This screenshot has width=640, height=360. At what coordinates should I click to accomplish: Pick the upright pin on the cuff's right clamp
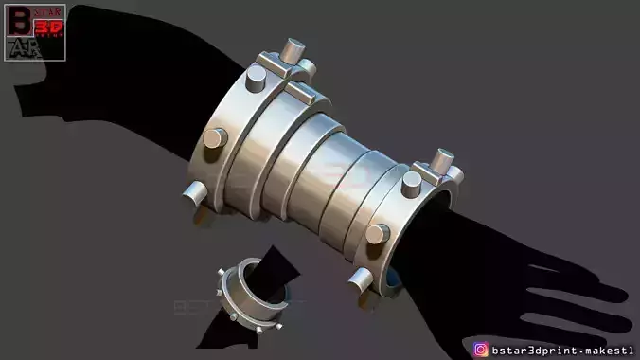pyautogui.click(x=441, y=160)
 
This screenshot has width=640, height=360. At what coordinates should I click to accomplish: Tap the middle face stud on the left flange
pyautogui.click(x=215, y=139)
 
